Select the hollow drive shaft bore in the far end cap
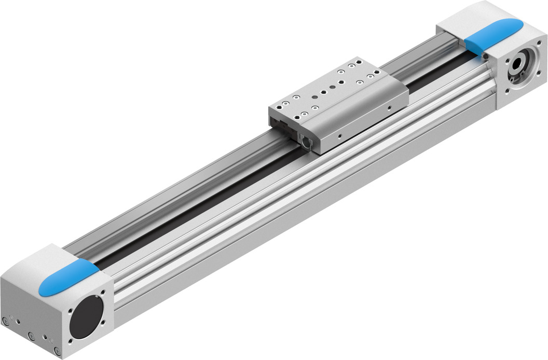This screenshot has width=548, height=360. pos(518,64)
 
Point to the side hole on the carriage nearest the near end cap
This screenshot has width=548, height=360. pos(339,136)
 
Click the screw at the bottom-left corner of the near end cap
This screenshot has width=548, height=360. pos(6,320)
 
